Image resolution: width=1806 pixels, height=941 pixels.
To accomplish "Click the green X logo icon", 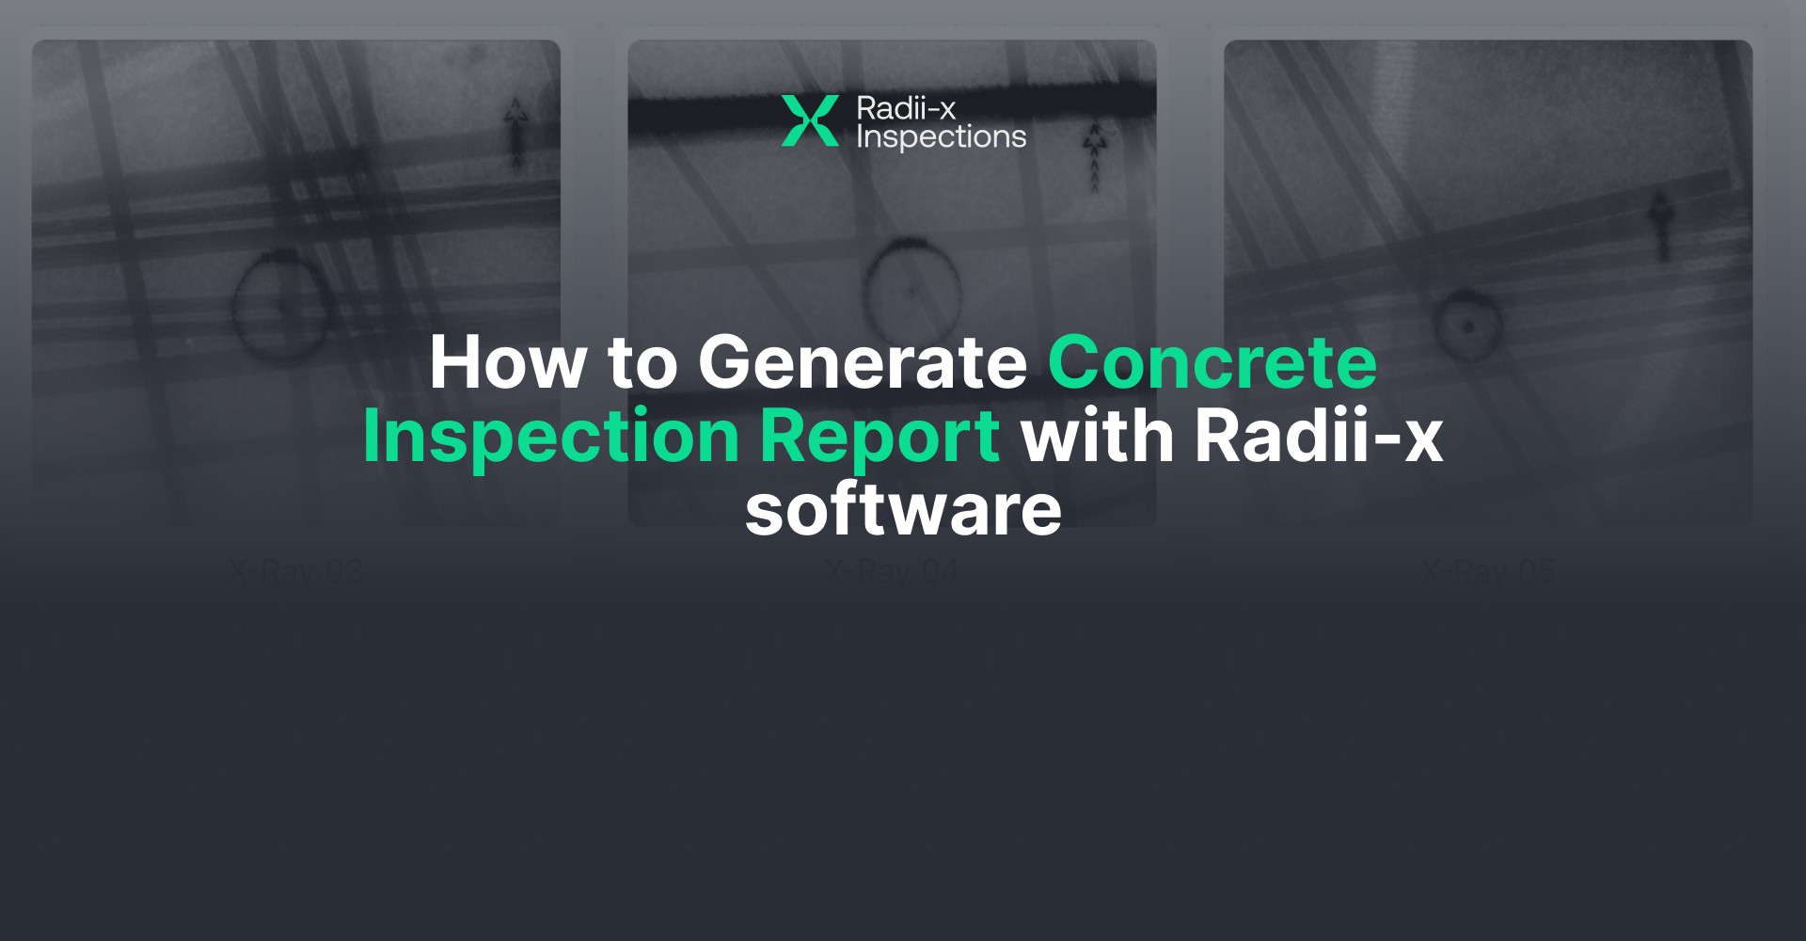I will pos(809,121).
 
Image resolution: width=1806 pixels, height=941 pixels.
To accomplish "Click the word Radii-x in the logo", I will pos(905,108).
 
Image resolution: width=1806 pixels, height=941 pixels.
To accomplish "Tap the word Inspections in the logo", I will pos(941,137).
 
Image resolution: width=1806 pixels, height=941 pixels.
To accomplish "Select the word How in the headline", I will pos(508,363).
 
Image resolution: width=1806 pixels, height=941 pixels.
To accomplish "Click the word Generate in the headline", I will pos(862,363).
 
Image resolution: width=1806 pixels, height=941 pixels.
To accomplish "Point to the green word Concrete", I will pos(1212,363).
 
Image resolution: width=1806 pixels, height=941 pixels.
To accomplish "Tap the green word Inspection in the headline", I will pos(551,437).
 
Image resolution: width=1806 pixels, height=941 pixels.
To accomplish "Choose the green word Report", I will pos(879,437).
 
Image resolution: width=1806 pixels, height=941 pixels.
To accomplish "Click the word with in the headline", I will pos(1098,437).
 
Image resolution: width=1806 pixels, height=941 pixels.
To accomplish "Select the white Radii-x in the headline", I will pos(1319,437).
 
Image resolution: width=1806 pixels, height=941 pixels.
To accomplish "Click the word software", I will pos(903,510).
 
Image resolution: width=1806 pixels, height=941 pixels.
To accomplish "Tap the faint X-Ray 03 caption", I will pos(295,571).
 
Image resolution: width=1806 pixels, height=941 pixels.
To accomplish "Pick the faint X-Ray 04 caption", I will pos(892,571).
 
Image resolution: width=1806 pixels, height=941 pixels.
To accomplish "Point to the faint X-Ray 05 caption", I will pos(1488,571).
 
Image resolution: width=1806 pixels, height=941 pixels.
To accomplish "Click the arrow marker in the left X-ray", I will pos(515,132).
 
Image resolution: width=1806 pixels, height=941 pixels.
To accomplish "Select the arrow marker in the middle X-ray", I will pos(1093,155).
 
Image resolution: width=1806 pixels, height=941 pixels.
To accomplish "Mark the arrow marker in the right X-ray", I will pos(1662,226).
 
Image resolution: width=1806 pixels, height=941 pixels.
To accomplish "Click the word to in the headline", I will pos(642,363).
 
